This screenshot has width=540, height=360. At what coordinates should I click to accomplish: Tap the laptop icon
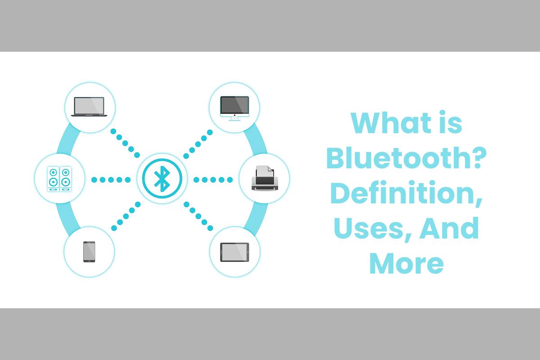pos(90,107)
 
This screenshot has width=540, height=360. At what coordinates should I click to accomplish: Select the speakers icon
pos(60,179)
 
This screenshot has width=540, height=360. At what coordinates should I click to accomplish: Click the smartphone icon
pos(89,252)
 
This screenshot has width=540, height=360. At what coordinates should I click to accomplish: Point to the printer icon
pos(264,178)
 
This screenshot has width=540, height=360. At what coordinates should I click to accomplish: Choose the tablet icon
pos(234,252)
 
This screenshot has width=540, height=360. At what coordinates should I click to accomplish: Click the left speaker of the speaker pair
pos(54,179)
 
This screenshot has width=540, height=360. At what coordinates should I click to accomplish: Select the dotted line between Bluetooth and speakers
pos(111,180)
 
